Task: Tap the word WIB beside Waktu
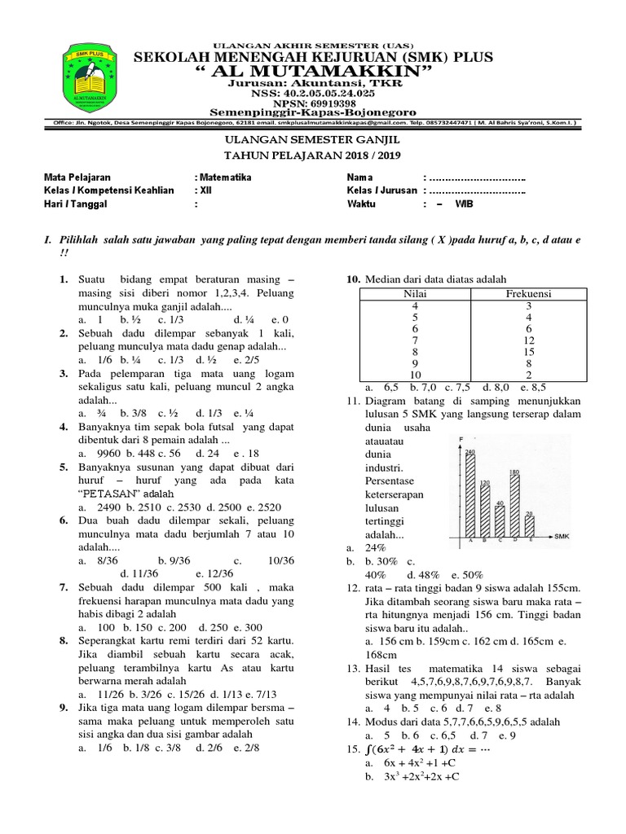(464, 204)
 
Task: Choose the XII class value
(207, 191)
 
